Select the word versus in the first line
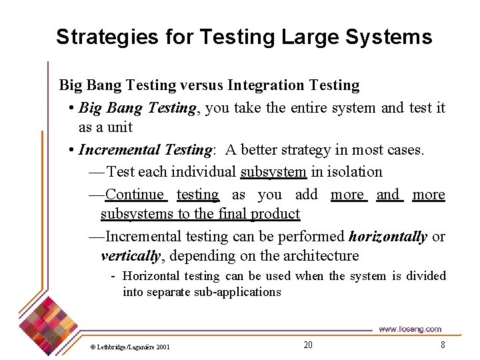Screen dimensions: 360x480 pyautogui.click(x=201, y=85)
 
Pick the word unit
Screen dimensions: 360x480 pyautogui.click(x=120, y=127)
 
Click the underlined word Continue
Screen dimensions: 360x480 pyautogui.click(x=135, y=195)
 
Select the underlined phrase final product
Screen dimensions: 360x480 pyautogui.click(x=267, y=214)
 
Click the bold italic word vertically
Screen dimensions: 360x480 pyautogui.click(x=131, y=256)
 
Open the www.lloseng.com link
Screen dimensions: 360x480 pyautogui.click(x=409, y=329)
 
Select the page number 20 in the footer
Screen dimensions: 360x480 pyautogui.click(x=307, y=345)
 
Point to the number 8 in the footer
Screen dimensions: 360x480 pyautogui.click(x=442, y=345)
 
